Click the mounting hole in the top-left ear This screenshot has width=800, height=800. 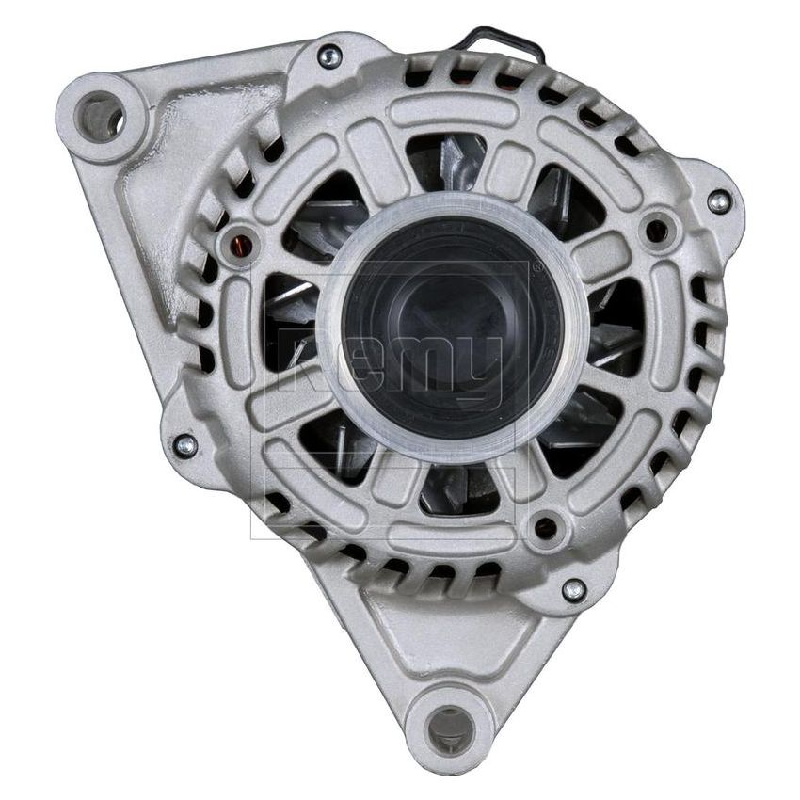[x=99, y=118]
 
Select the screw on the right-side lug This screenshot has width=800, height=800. [x=718, y=201]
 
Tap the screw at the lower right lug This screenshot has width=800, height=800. [x=573, y=591]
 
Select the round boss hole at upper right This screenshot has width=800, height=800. [x=656, y=230]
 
